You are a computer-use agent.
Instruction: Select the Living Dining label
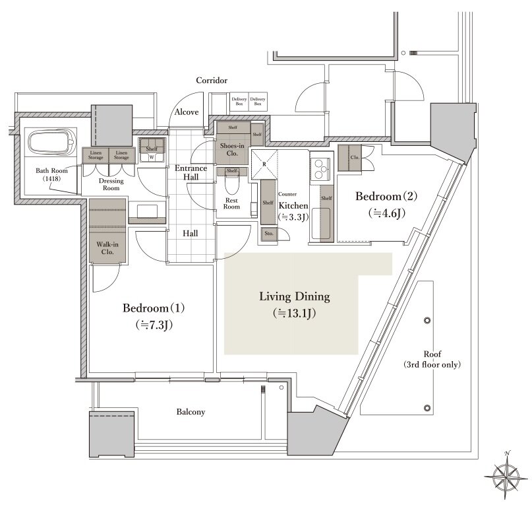294,304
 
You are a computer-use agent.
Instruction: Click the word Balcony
191,412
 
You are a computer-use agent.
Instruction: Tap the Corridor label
212,81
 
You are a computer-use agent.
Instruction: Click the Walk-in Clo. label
106,248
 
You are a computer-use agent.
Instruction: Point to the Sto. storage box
269,234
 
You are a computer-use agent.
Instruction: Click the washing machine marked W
152,157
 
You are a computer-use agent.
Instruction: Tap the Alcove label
187,112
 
